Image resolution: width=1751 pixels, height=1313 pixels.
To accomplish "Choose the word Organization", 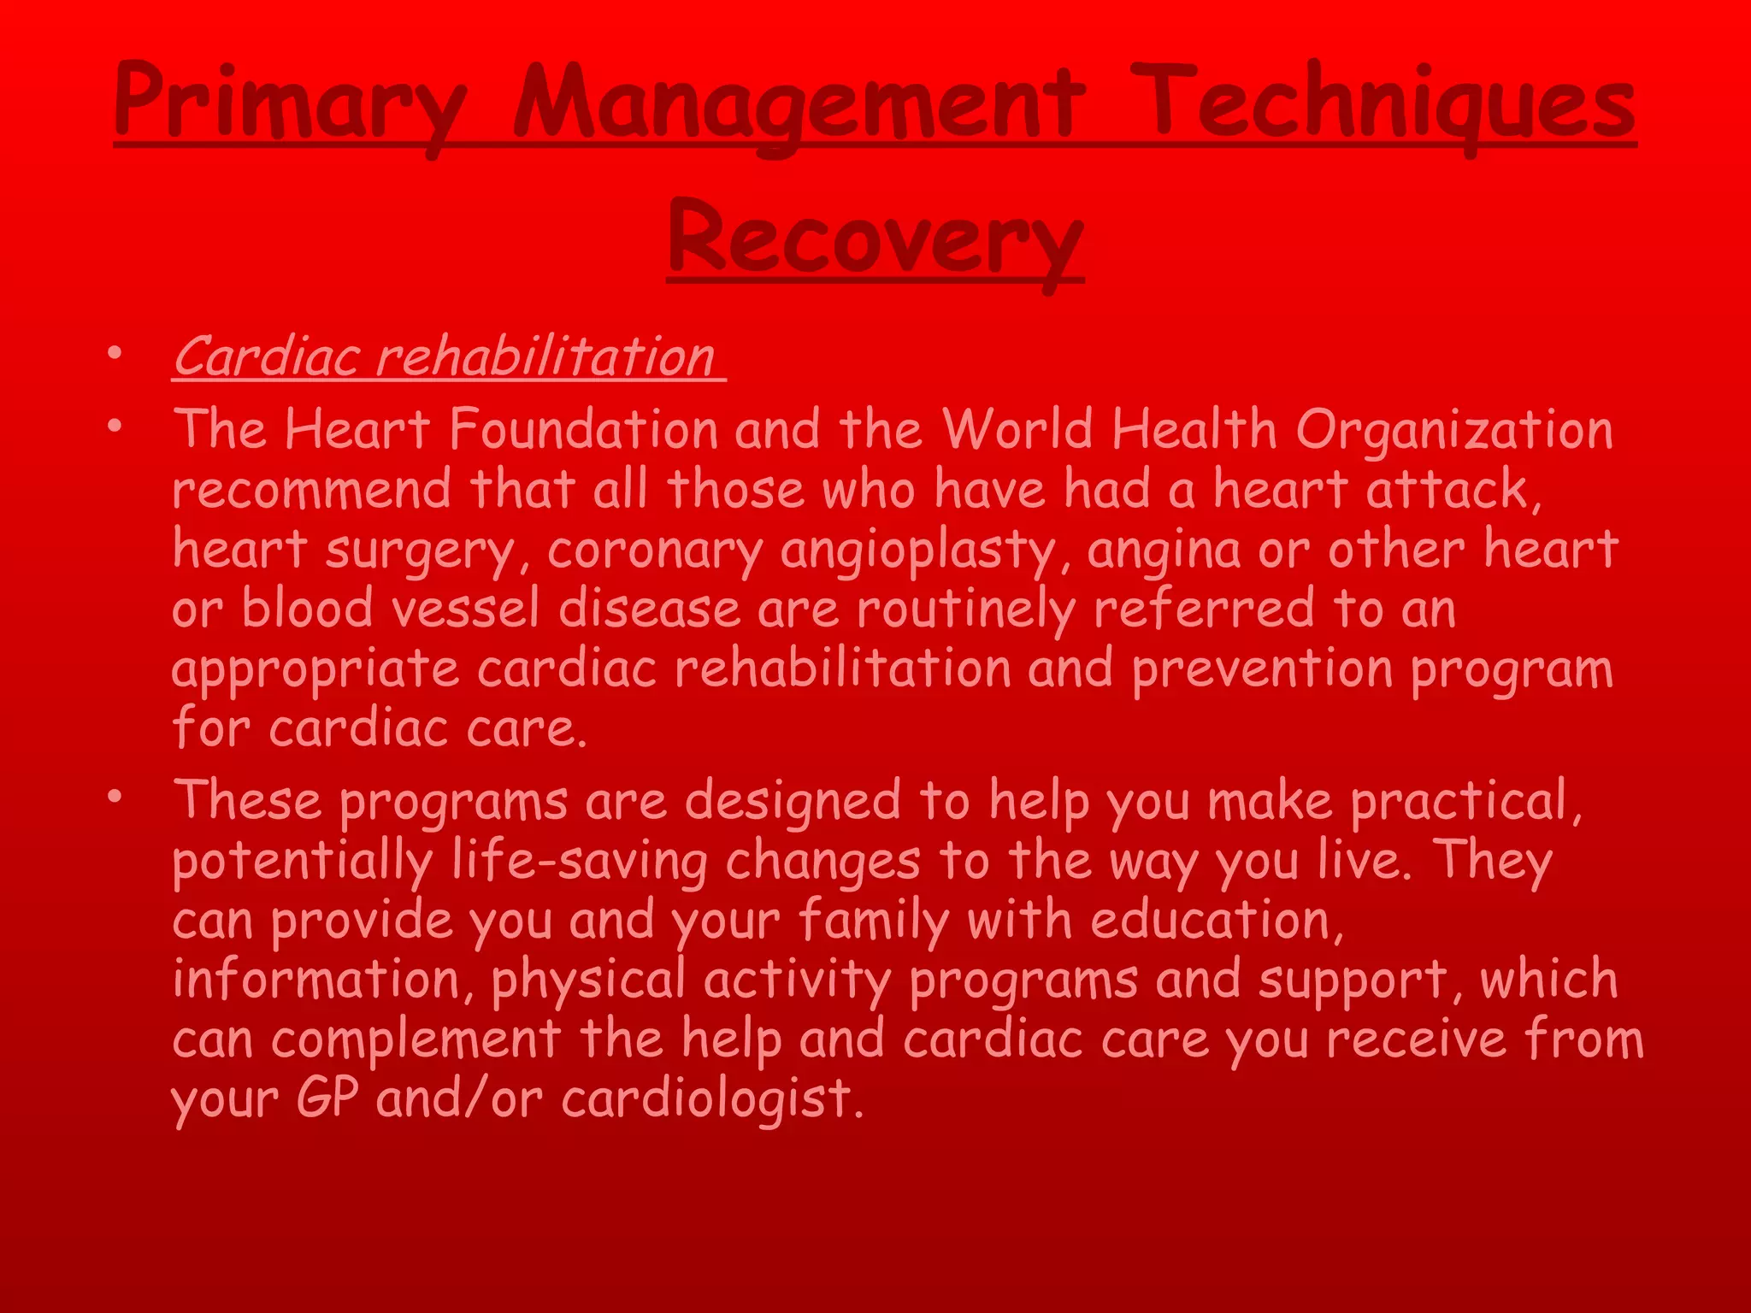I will (x=1453, y=430).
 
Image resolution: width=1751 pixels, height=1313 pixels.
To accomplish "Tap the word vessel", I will (x=465, y=609).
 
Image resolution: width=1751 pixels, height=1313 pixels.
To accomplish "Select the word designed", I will (x=793, y=802).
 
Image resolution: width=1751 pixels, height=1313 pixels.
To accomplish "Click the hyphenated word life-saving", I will (x=580, y=861).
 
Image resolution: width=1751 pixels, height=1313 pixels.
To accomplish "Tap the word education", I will (x=1215, y=921).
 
